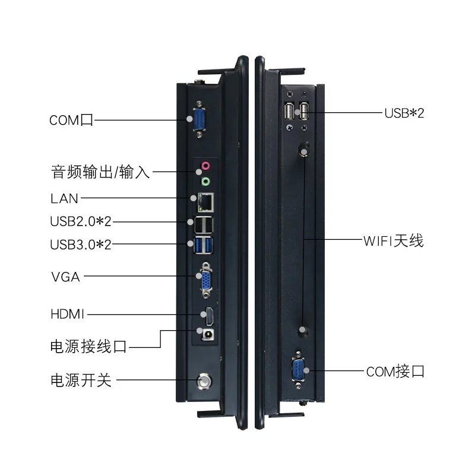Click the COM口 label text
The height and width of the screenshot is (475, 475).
click(71, 121)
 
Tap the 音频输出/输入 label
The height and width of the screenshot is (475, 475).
click(100, 173)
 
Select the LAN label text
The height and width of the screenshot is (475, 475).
click(64, 198)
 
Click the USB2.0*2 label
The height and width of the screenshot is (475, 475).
click(81, 222)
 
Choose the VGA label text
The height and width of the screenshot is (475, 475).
click(65, 277)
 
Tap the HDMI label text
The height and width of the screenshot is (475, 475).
click(68, 313)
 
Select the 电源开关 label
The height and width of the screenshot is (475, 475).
click(81, 380)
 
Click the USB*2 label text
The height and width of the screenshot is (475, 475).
click(404, 113)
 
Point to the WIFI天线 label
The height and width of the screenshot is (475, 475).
click(393, 241)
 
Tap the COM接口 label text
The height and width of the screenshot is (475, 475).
click(395, 372)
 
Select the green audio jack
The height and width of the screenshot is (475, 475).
click(205, 181)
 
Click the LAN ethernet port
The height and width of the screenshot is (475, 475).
click(205, 201)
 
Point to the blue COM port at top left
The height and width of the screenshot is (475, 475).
click(198, 121)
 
